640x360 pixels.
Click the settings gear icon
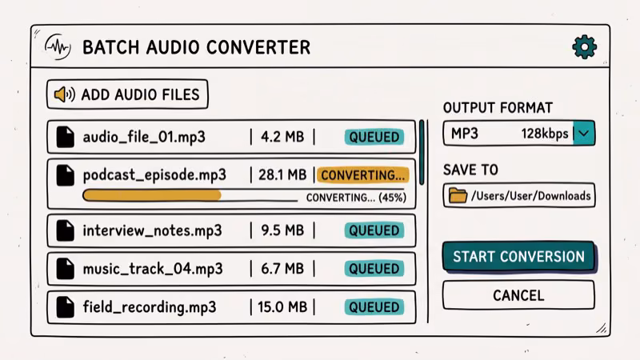(585, 47)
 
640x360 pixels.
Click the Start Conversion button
(518, 257)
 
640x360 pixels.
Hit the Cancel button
(518, 295)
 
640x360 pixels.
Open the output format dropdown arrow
(585, 134)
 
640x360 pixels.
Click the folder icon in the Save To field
(458, 195)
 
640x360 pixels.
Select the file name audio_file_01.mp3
(144, 137)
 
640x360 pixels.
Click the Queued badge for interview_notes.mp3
(374, 230)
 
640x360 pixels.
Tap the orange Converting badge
(363, 175)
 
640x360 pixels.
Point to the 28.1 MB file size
(284, 175)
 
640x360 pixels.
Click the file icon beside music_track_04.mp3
(65, 269)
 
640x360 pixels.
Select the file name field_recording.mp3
(150, 306)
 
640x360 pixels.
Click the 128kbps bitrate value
(545, 134)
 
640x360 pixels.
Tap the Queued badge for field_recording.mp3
(374, 306)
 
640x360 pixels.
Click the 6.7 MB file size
(282, 269)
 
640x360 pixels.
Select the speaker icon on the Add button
(64, 94)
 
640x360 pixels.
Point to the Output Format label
(498, 108)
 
